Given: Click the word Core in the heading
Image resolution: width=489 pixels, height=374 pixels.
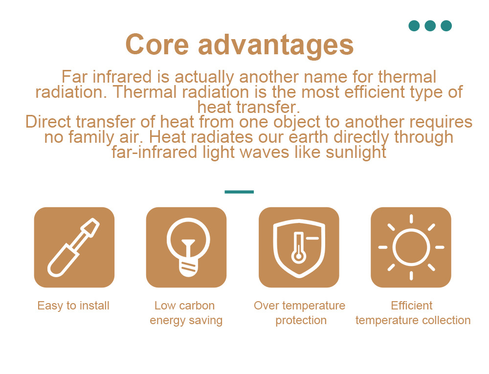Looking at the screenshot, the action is (157, 44).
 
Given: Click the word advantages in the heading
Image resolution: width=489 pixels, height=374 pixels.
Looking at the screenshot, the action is (276, 45).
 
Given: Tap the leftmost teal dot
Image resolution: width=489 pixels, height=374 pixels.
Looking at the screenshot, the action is (414, 26).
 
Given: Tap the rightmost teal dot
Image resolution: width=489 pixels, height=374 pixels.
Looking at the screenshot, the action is (446, 26).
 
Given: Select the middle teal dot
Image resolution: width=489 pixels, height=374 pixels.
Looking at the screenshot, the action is (430, 26).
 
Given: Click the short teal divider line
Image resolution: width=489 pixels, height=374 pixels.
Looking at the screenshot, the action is (239, 192).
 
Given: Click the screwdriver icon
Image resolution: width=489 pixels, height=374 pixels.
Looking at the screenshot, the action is (74, 247).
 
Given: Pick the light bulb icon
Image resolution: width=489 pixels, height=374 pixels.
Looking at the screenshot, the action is (188, 247).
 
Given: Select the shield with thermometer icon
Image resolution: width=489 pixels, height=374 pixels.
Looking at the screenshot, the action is (299, 248).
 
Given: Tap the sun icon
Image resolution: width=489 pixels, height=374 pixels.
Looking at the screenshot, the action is (411, 247).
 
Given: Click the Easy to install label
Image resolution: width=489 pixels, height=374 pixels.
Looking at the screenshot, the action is (73, 306).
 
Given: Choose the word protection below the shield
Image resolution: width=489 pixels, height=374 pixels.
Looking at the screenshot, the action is (301, 320).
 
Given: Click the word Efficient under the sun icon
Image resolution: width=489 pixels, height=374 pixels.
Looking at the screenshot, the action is (412, 306).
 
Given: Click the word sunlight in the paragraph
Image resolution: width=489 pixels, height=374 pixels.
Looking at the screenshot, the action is (356, 153).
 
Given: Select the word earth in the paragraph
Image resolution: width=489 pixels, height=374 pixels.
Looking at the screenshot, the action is (308, 137).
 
